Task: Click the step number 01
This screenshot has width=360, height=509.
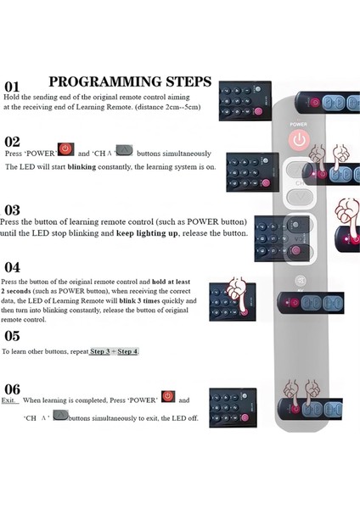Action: (12, 87)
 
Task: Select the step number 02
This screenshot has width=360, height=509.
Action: (12, 142)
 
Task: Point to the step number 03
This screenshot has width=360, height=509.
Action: (12, 210)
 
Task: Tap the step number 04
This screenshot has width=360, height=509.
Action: (12, 266)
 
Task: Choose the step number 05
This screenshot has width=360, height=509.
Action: (12, 335)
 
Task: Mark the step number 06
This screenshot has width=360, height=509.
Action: (12, 389)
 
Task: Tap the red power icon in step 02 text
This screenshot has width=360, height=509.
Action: (66, 151)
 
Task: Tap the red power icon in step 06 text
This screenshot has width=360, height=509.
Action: (168, 397)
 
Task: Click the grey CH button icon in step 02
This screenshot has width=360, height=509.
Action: (124, 151)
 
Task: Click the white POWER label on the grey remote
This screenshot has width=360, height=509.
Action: (297, 124)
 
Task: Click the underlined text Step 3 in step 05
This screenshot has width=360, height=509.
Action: (101, 351)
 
